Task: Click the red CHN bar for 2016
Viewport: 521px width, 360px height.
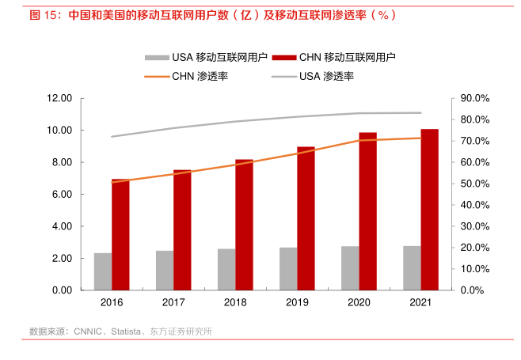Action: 120,235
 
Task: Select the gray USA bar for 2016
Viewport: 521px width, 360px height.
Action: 103,271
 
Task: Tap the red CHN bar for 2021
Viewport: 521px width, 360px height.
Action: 429,210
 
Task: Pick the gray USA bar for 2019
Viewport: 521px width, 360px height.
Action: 288,269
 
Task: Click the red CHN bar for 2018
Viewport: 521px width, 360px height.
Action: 244,225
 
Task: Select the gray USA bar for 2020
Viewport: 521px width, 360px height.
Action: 350,268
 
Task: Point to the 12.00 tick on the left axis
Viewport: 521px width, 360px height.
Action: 60,98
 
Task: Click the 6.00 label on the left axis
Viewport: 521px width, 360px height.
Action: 63,195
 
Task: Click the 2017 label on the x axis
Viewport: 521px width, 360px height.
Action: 173,303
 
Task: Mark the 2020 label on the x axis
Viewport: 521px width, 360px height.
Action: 359,303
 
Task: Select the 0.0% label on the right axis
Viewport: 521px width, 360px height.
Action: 473,290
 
